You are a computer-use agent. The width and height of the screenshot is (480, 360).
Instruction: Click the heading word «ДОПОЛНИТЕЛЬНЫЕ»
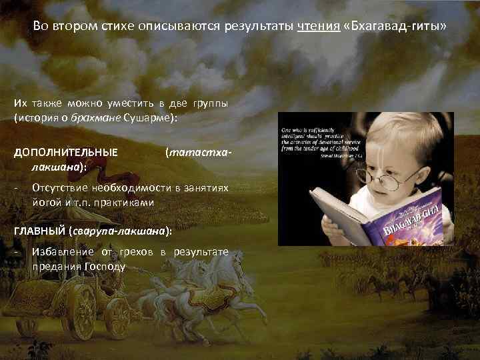(x=66, y=152)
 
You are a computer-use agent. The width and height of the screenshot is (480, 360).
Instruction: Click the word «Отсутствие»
(x=61, y=189)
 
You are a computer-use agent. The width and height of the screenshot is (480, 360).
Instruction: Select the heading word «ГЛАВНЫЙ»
(x=39, y=230)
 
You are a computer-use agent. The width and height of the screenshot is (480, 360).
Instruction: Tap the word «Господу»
(x=105, y=266)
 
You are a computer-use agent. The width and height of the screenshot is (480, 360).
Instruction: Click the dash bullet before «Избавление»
(x=16, y=252)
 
